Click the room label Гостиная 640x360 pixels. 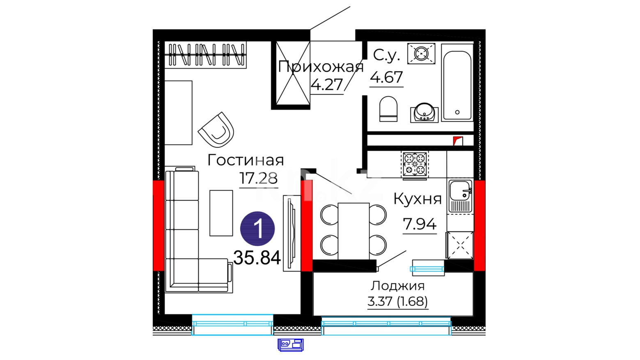[x=245, y=160]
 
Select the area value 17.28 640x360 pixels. [x=258, y=178]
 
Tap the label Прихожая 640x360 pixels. [x=321, y=67]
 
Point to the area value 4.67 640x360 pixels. [x=386, y=77]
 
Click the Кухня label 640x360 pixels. [x=418, y=199]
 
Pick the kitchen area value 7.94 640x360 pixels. [x=420, y=224]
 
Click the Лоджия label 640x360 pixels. [x=398, y=286]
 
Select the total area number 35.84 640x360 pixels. [x=257, y=258]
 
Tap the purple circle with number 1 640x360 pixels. [x=257, y=229]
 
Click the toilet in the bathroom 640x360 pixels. [x=388, y=109]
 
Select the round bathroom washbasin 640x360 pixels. [x=424, y=112]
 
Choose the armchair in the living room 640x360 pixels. [x=217, y=130]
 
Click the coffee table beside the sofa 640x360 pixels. [x=221, y=213]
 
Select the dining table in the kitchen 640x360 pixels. [x=353, y=231]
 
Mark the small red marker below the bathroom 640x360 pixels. [x=458, y=141]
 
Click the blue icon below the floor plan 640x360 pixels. [x=291, y=345]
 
